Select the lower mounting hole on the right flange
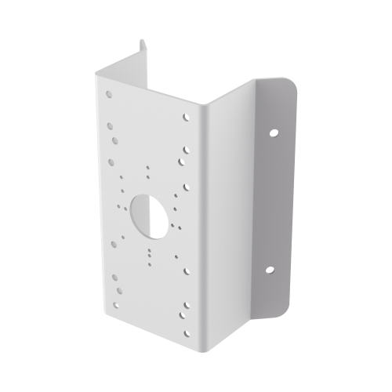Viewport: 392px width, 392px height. click(269, 270)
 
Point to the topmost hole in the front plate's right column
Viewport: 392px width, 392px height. click(186, 118)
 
